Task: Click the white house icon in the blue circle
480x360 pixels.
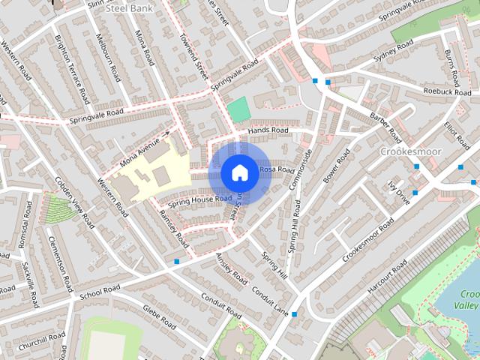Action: (x=238, y=172)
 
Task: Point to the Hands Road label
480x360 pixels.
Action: (x=268, y=130)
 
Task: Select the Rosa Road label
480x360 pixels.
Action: (x=277, y=170)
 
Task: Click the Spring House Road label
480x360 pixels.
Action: (x=199, y=199)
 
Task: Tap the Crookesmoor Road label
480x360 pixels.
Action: (x=367, y=239)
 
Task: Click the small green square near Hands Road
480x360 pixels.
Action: (x=238, y=109)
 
